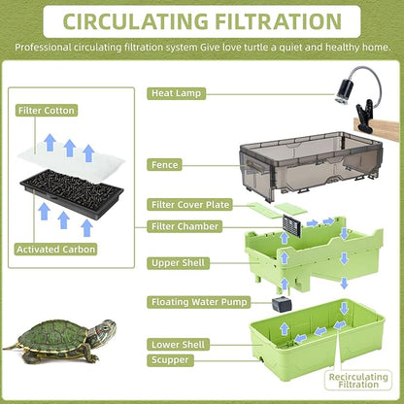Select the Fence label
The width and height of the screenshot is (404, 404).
(x=164, y=165)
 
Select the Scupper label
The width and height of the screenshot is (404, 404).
(x=169, y=360)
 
